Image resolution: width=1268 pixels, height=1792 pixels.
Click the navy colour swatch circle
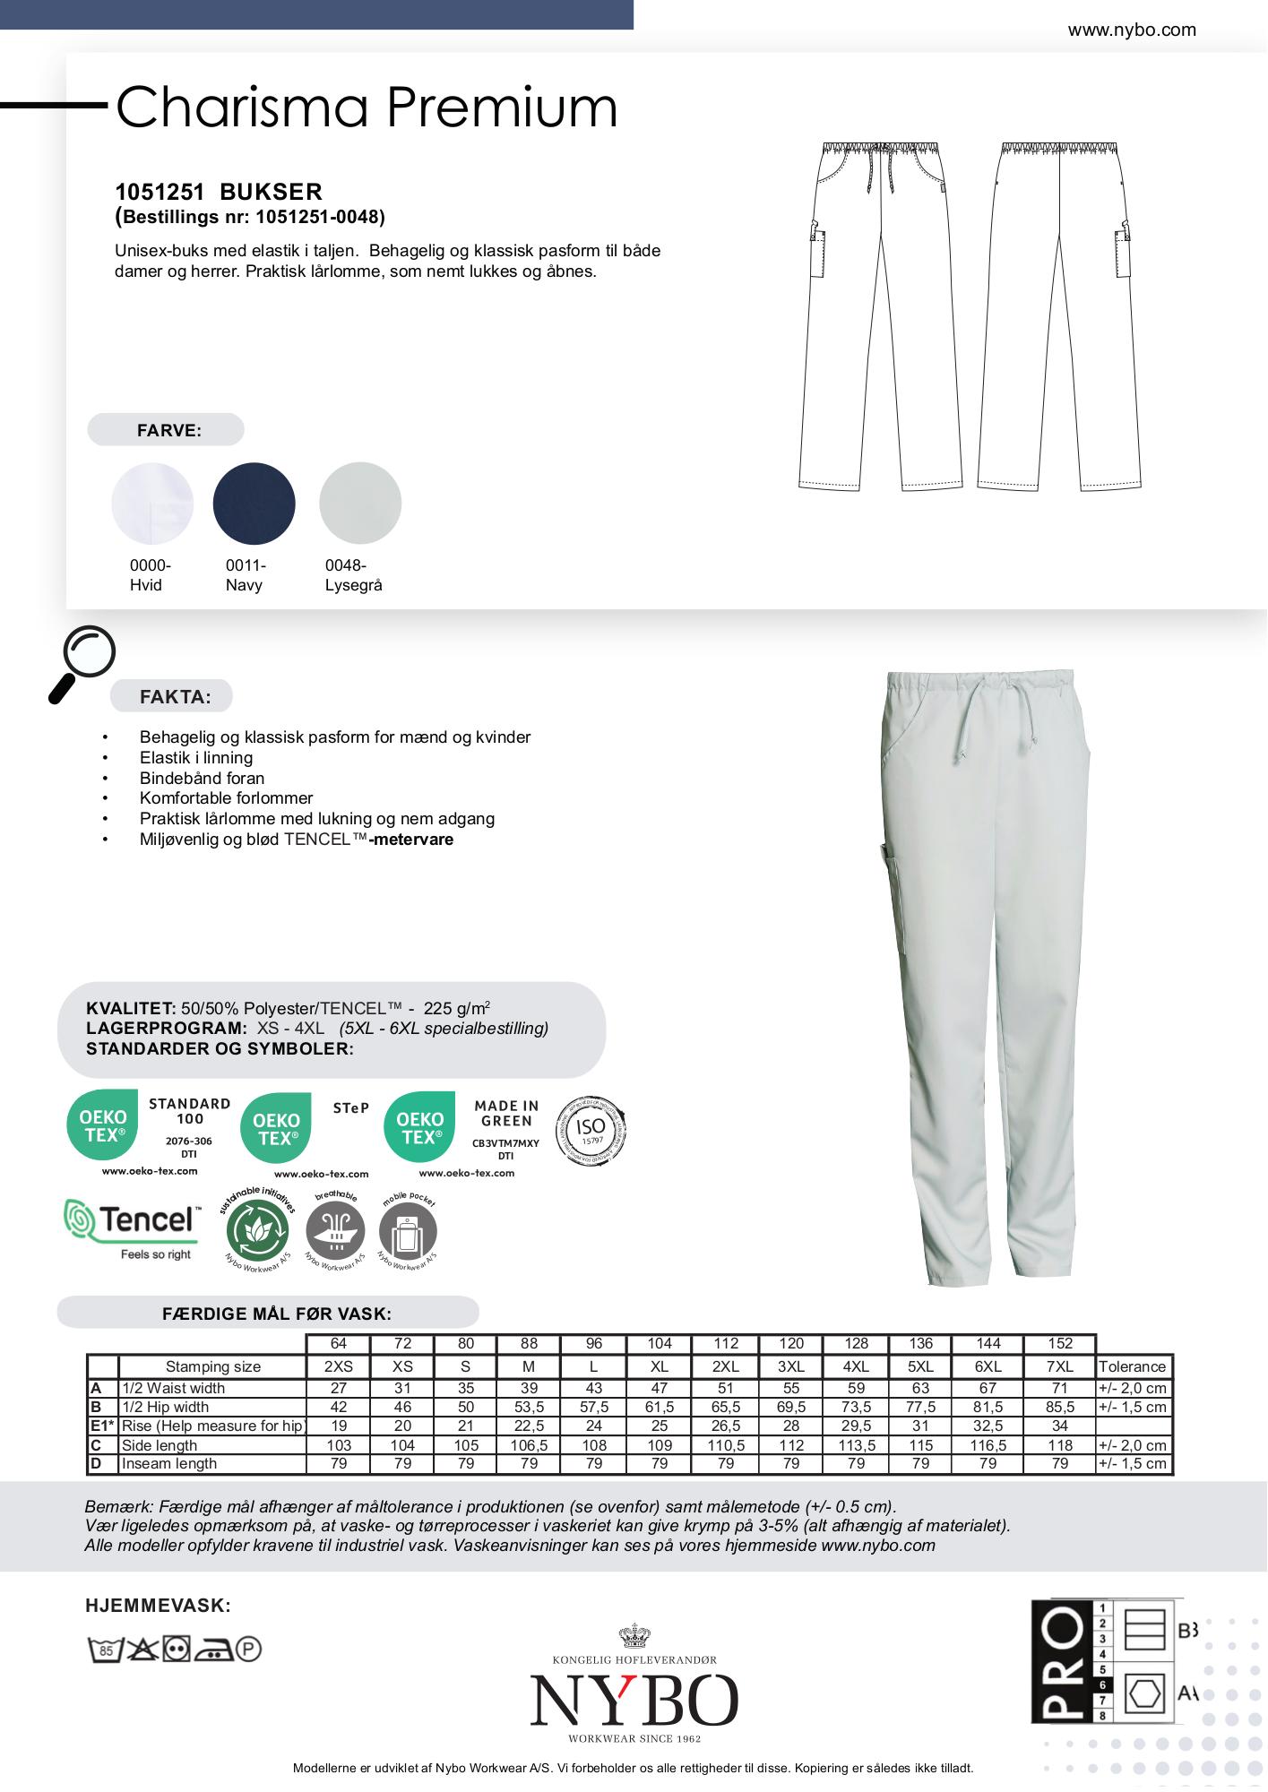[x=254, y=504]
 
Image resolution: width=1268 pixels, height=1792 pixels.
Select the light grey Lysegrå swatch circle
[x=360, y=504]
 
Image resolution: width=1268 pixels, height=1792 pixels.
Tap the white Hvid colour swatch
[x=152, y=504]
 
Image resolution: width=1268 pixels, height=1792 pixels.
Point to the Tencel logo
[x=131, y=1228]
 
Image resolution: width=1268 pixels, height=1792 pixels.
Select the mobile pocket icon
[x=408, y=1231]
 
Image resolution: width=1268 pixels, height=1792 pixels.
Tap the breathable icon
[x=336, y=1231]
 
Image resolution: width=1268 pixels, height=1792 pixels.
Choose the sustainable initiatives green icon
[x=260, y=1231]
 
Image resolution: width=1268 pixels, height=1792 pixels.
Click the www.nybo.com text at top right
[x=1132, y=30]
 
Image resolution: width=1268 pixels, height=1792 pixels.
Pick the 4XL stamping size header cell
[x=856, y=1366]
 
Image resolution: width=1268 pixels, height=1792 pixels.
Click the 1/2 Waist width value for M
[x=529, y=1388]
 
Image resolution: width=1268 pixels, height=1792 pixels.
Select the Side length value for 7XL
[x=1060, y=1445]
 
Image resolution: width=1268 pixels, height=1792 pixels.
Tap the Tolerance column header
[x=1132, y=1366]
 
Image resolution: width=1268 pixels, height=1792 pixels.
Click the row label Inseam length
[x=169, y=1463]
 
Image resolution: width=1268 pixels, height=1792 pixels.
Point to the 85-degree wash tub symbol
[x=105, y=1649]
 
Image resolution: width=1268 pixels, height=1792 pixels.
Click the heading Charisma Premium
[x=367, y=108]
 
